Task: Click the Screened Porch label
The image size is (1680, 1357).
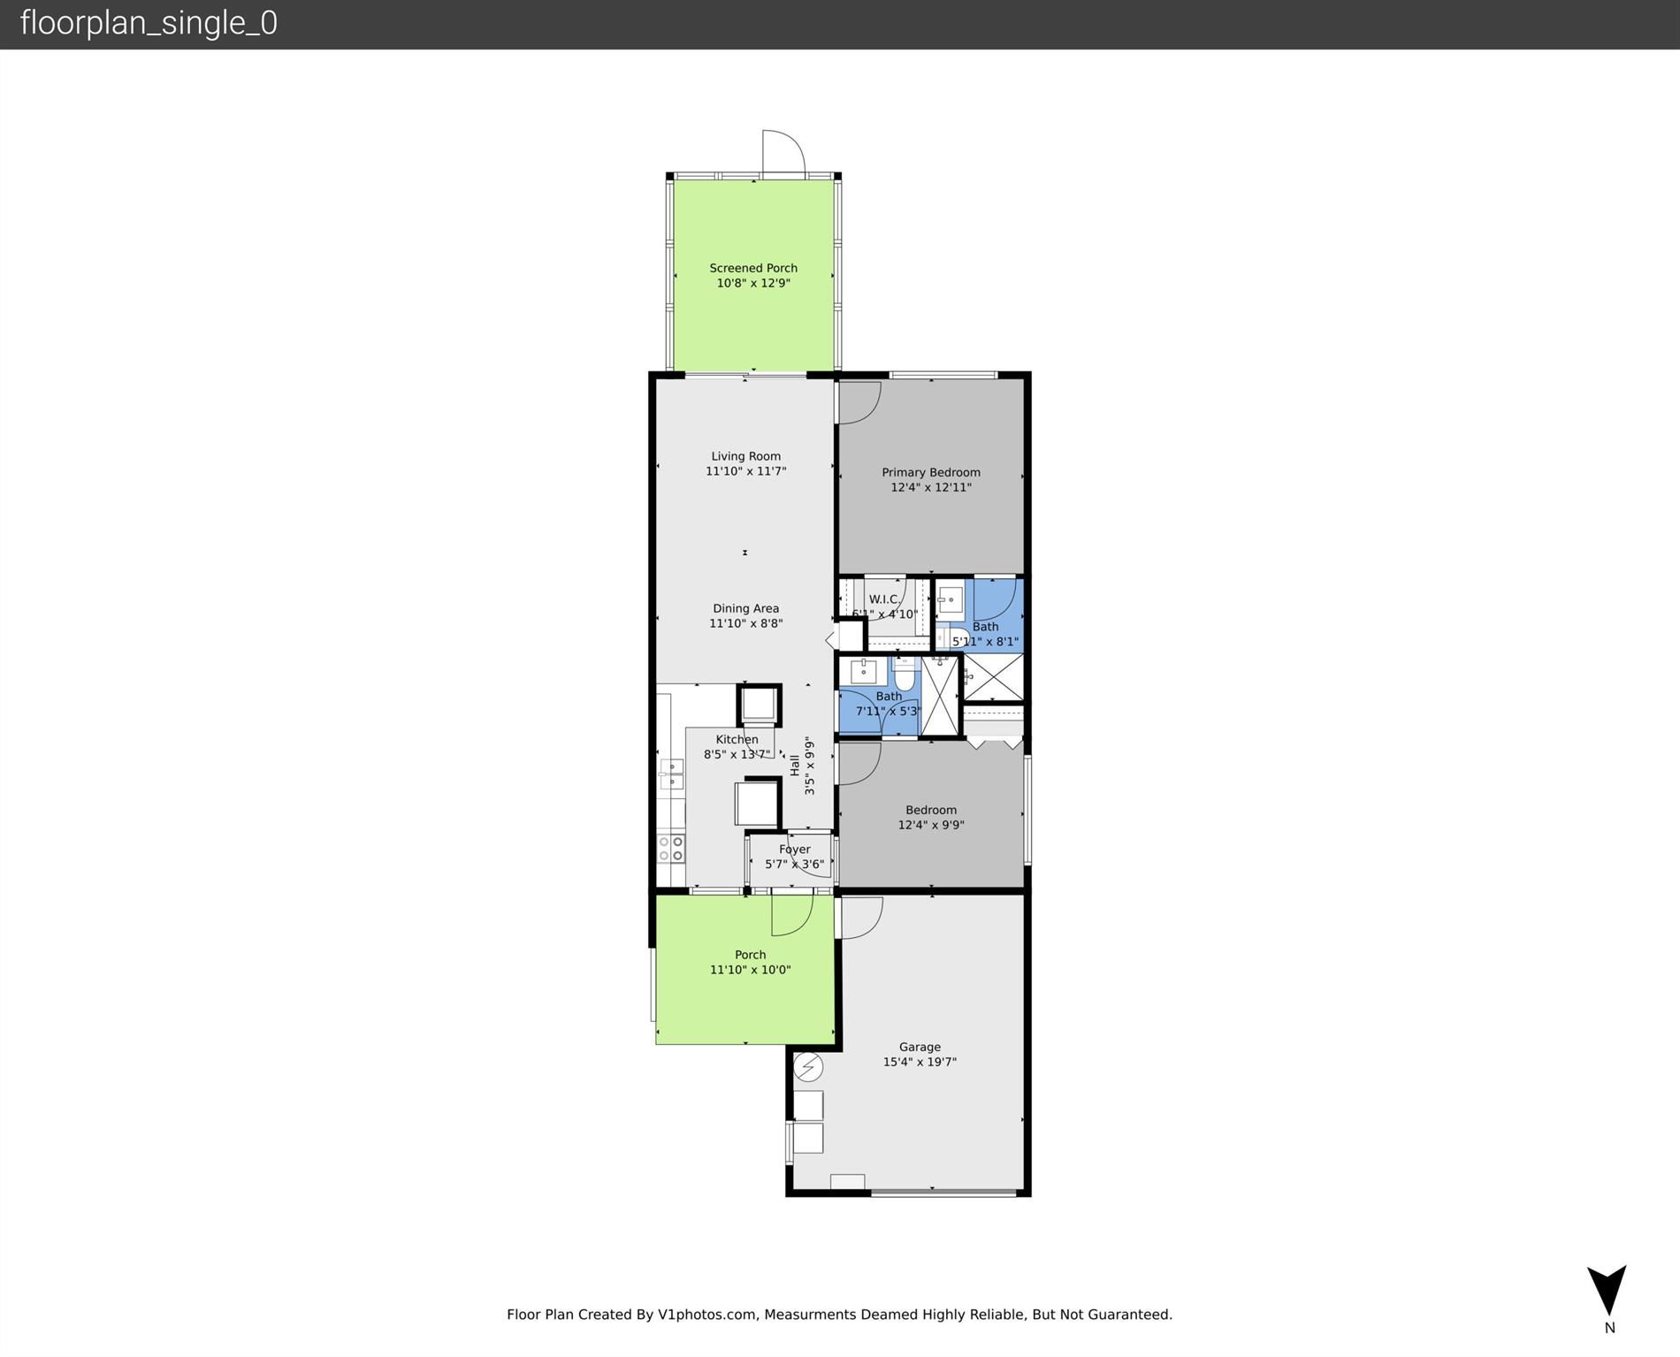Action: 753,268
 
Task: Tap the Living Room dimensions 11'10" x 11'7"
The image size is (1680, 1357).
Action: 745,472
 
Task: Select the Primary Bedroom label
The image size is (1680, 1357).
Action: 931,472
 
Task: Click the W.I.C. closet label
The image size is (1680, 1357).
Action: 883,599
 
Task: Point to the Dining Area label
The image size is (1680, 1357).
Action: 745,608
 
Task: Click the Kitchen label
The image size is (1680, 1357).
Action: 737,739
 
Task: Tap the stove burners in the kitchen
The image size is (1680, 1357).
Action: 671,848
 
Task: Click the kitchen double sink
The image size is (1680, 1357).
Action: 671,774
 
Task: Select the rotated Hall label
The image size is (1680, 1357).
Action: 795,765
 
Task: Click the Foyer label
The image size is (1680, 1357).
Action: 794,850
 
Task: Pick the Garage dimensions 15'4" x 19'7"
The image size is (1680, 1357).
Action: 920,1062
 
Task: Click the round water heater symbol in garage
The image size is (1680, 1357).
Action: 807,1067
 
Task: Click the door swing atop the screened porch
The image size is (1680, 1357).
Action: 784,152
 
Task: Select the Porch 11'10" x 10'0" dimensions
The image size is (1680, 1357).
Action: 750,970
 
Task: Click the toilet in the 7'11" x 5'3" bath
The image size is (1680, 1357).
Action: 904,676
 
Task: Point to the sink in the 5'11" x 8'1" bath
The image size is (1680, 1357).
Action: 951,601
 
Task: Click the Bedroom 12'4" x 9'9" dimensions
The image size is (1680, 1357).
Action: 931,825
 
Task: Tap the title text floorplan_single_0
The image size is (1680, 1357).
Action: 149,23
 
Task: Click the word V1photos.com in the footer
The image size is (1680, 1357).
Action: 706,1315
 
